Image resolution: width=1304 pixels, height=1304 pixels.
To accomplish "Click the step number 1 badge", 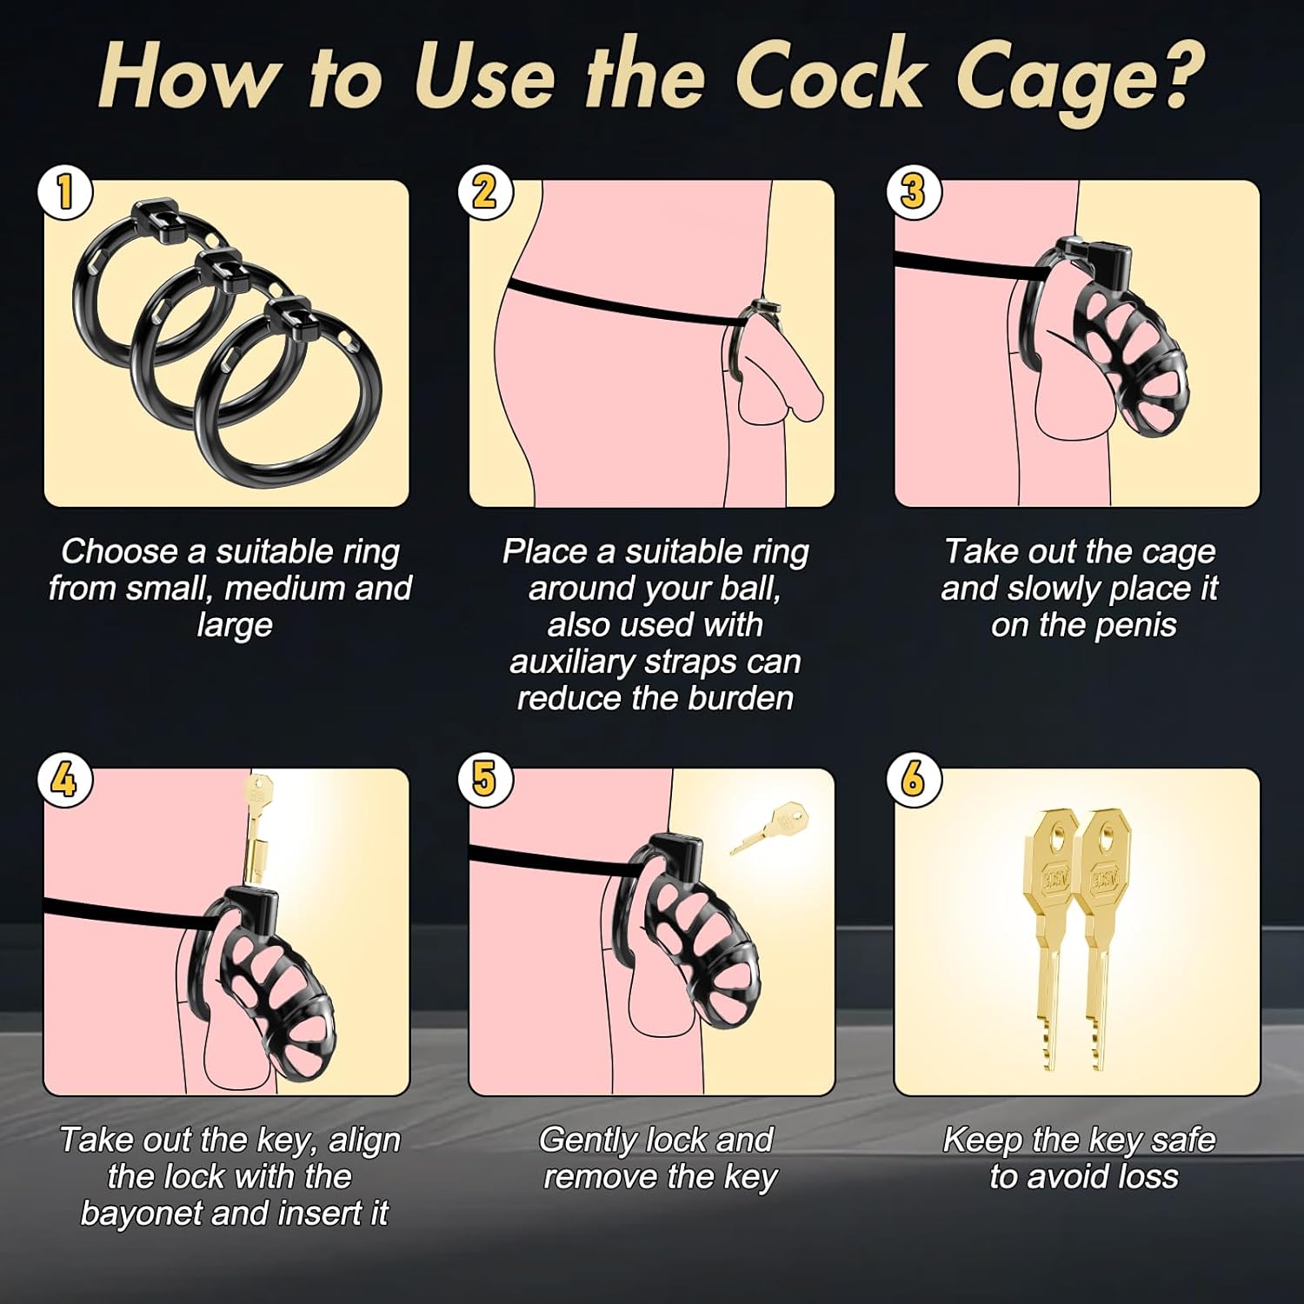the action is coord(65,192).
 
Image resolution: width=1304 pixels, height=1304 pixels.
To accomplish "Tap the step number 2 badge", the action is coord(485,192).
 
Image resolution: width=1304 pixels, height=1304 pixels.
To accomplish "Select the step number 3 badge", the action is coord(913,192).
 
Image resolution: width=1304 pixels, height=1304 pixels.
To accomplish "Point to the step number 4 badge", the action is coord(65,780).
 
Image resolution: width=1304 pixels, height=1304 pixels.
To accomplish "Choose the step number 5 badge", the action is coord(485,780).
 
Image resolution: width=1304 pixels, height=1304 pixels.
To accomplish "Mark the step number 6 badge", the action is coord(913,780).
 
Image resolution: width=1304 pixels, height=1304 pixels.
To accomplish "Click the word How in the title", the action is coord(187,77).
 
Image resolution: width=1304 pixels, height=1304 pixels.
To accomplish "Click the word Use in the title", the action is coord(483,77).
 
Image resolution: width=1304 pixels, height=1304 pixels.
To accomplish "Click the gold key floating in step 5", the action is coord(768,828).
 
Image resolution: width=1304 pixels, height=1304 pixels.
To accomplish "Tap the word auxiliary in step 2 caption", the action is coord(575,662).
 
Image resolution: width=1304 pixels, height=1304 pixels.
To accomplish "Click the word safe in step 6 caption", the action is coord(1182,1140).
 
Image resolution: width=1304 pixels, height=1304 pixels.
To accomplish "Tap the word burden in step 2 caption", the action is coord(741,698).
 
